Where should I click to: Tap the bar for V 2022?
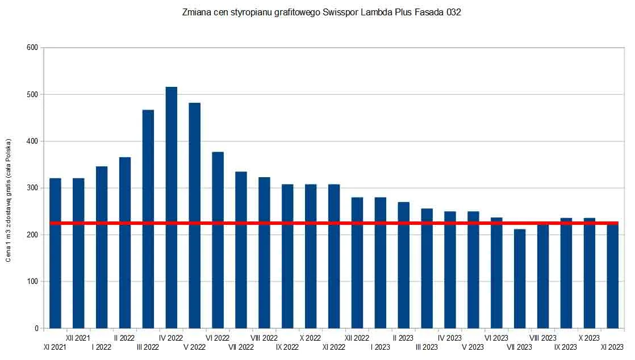(194, 216)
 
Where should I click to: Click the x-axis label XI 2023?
(612, 347)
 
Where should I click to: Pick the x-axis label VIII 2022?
(264, 338)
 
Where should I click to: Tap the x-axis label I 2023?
(380, 347)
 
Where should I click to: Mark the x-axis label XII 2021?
(78, 338)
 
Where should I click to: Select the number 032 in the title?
(453, 12)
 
